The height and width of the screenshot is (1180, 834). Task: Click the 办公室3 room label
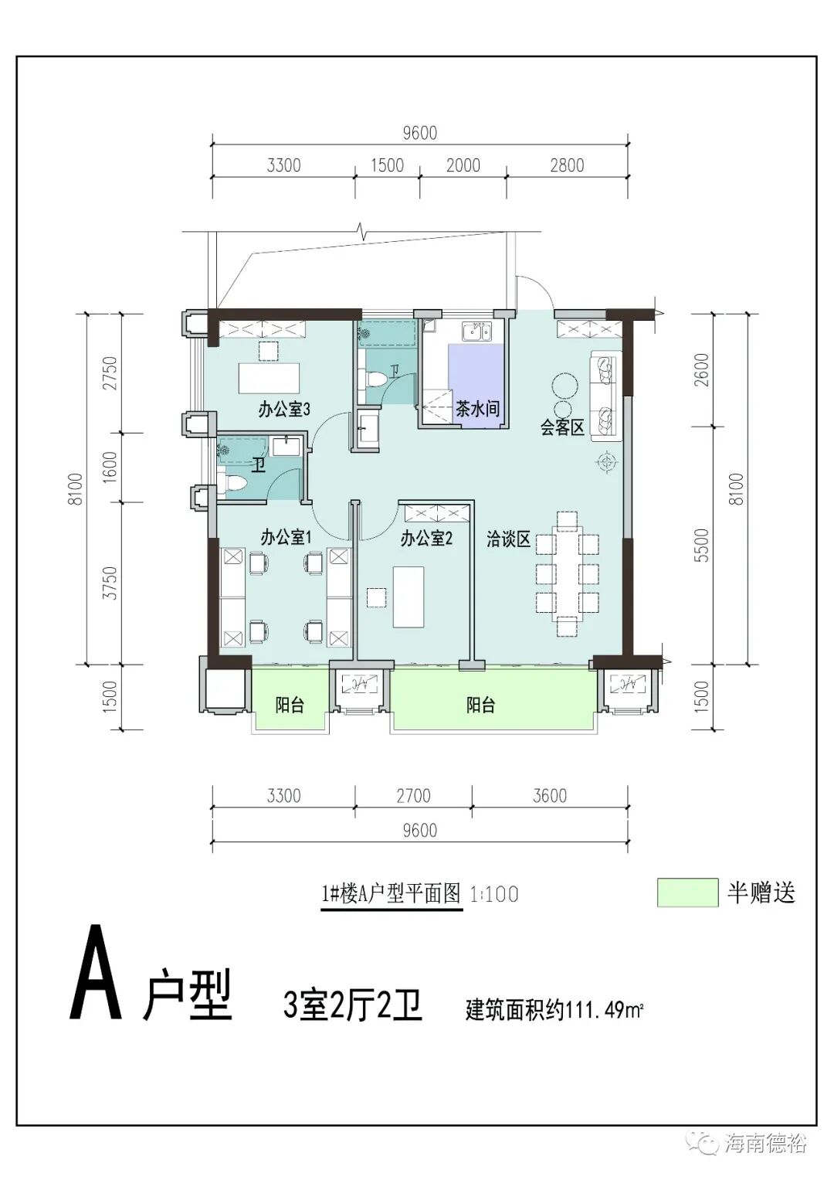pos(284,410)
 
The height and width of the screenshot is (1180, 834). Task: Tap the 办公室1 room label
pos(285,537)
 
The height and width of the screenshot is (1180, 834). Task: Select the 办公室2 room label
pos(425,539)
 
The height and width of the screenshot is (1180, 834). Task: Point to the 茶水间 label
pos(476,409)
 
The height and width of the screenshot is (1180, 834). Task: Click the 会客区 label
pos(561,427)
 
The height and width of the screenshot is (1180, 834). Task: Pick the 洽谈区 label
pos(509,539)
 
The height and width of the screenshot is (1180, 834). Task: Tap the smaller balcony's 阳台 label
pos(290,705)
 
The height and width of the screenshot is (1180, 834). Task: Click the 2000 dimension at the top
pos(463,165)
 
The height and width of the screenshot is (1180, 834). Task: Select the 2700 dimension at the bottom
pos(413,796)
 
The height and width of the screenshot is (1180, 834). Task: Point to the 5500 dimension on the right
pos(701,545)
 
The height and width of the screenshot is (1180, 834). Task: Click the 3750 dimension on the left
pos(110,583)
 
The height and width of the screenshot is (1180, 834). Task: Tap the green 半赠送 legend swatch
pos(687,893)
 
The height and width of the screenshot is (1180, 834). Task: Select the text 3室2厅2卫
pos(353,1006)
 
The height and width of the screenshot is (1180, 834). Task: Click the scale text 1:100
pos(494,895)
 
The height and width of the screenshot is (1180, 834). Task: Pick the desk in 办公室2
pos(408,597)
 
